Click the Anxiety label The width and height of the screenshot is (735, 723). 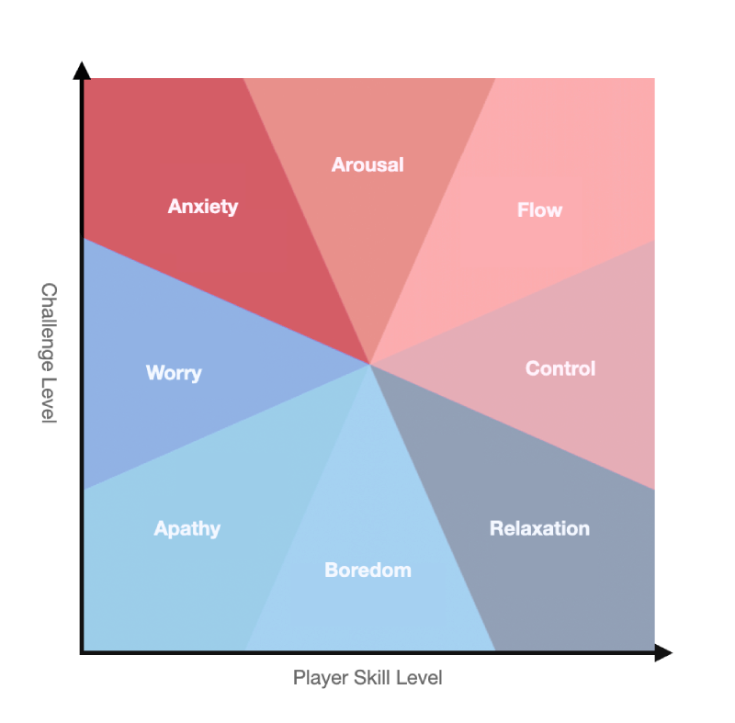[203, 207]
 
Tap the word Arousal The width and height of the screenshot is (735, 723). [367, 165]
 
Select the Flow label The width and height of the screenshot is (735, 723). [539, 210]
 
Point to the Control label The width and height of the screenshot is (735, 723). [560, 368]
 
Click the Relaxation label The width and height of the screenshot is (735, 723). [539, 528]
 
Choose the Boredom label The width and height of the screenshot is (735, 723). [367, 570]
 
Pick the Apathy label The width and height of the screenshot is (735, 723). [187, 528]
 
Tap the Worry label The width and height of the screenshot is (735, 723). [174, 373]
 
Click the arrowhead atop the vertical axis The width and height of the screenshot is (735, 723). [82, 71]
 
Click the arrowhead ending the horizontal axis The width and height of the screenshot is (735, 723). [663, 653]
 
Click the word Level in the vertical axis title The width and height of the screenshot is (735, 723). [49, 397]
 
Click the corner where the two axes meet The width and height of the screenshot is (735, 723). [83, 652]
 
